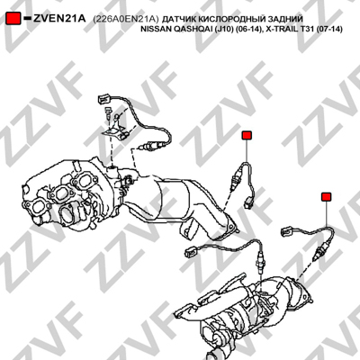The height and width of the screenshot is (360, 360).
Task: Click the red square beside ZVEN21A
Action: pyautogui.click(x=13, y=19)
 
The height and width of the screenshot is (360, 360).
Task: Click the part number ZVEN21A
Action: pyautogui.click(x=59, y=19)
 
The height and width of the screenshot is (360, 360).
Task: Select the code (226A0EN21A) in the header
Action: pyautogui.click(x=125, y=19)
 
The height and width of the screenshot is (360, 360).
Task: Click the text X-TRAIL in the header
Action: pyautogui.click(x=282, y=30)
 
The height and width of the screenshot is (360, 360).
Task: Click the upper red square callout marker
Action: pyautogui.click(x=247, y=135)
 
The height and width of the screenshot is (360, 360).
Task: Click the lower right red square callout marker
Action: pyautogui.click(x=326, y=197)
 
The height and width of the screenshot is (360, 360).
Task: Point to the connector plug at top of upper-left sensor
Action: pyautogui.click(x=104, y=99)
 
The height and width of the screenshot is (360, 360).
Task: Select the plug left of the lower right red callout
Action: pyautogui.click(x=287, y=231)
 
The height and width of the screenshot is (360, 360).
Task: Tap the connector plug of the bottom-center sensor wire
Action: pyautogui.click(x=191, y=251)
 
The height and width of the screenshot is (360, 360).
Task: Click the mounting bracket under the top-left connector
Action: pyautogui.click(x=115, y=131)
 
